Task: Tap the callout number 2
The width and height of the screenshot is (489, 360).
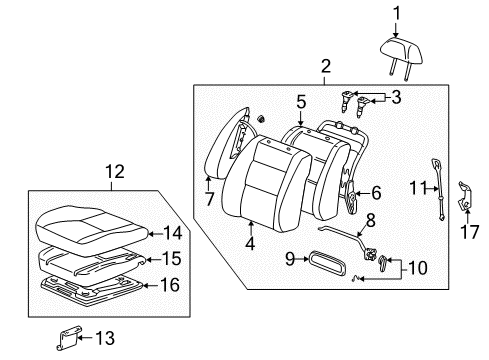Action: pos(326,66)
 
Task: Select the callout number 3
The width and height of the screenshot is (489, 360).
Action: pos(396,97)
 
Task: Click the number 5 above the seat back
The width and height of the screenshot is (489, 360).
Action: pos(301,102)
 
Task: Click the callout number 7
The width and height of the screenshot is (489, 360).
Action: pos(209,199)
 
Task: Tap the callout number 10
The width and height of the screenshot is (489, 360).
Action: pos(417,268)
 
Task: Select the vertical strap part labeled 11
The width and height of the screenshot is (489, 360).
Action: pos(437,189)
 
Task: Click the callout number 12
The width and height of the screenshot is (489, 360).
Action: pos(115,172)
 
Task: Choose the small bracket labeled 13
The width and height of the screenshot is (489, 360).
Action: pos(69,338)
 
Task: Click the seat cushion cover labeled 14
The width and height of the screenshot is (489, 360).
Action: pos(91,230)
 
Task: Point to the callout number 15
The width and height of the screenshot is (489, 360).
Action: pos(172,259)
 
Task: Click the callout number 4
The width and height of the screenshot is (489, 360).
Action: pos(250,244)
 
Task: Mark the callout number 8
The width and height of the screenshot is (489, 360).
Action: pos(370,220)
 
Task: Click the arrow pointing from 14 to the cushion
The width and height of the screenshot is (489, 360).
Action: pos(155,234)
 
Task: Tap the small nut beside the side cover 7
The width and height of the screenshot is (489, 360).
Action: pos(261,118)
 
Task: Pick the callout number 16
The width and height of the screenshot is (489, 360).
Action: pos(170,285)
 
